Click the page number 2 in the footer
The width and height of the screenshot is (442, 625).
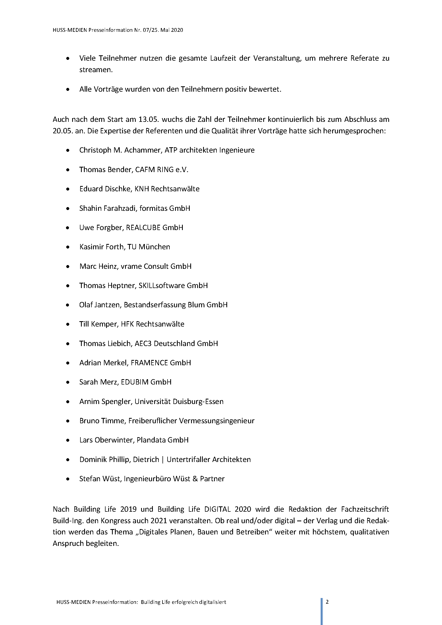(x=327, y=602)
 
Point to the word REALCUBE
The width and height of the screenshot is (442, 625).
(x=143, y=228)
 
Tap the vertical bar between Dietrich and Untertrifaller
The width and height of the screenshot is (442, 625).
(x=163, y=460)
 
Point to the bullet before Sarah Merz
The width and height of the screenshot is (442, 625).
(x=68, y=382)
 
